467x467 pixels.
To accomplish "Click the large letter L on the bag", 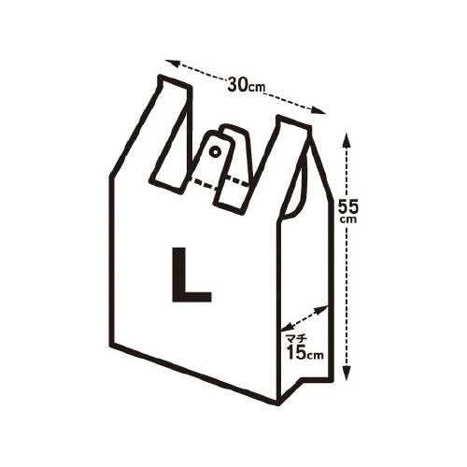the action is coord(191,275).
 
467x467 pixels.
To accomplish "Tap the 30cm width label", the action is coord(246,85).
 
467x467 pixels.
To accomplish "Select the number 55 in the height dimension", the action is coord(348,206).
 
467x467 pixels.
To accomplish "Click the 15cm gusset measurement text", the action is coord(305,352).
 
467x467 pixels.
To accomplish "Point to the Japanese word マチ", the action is coord(297,338).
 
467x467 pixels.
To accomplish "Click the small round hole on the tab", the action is coord(215,151).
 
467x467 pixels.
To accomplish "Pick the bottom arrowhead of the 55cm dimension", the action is coord(347,373).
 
